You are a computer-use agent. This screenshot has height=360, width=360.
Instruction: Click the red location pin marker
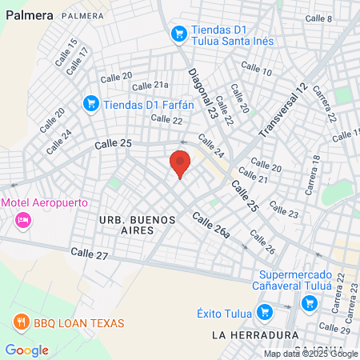coord(180,164)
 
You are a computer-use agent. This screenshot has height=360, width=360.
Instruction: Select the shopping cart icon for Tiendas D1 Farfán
coord(91,103)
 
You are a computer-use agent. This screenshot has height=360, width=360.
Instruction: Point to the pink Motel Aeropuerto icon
coord(22,218)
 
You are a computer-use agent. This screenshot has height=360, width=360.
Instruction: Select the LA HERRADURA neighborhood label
coord(247,335)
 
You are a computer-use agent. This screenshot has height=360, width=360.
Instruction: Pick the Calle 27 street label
coord(89,253)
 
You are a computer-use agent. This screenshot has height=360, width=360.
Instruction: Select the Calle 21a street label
coord(150,86)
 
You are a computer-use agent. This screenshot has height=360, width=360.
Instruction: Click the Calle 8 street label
coord(318,18)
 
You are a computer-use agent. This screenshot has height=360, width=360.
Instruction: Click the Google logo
coord(26,350)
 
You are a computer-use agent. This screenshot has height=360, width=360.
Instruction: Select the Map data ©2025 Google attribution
coord(311,354)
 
